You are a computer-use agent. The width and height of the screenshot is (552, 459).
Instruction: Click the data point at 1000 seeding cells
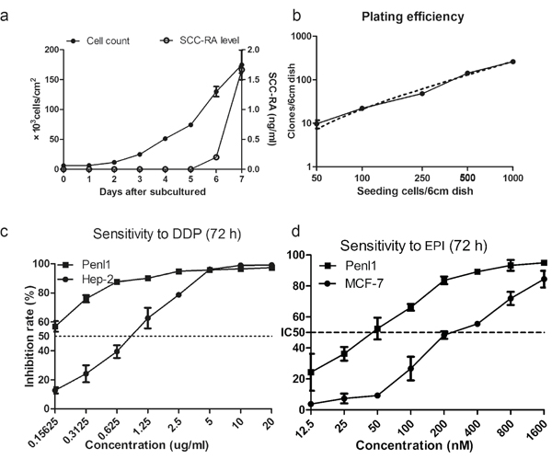click(x=512, y=62)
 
